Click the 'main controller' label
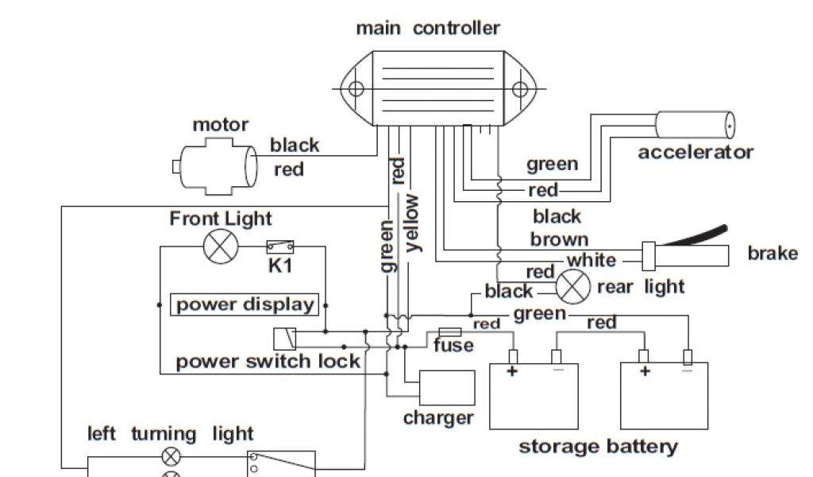[427, 29]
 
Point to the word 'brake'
[773, 254]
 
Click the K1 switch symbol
[280, 246]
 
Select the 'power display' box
[245, 304]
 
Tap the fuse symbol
[450, 332]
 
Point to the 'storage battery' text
[598, 446]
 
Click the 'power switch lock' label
[268, 362]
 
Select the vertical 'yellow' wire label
[413, 223]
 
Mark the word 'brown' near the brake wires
[559, 238]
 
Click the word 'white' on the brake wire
[591, 260]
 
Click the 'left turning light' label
[170, 433]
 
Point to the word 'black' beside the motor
[295, 145]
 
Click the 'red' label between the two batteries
[601, 322]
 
